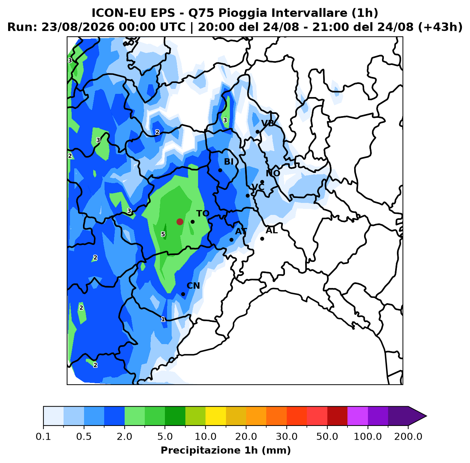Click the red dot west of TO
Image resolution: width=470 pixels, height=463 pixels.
[x=180, y=222]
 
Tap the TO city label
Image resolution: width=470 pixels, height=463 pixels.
[x=203, y=214]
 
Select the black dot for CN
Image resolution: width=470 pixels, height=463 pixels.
[x=183, y=294]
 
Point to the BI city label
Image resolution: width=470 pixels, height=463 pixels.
[x=229, y=162]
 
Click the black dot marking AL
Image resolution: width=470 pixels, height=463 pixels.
[x=262, y=239]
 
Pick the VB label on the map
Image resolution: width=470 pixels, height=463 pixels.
[x=268, y=124]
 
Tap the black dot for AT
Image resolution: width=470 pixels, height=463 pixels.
[x=231, y=240]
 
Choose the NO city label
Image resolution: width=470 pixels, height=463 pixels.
[x=273, y=173]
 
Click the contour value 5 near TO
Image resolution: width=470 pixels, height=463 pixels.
[x=163, y=234]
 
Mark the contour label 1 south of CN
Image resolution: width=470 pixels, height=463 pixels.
[x=163, y=319]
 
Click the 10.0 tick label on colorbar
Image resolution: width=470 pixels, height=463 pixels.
[x=206, y=436]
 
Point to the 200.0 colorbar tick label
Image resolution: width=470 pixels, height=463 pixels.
[x=408, y=436]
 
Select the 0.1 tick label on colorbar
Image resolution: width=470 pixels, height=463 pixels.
[x=43, y=436]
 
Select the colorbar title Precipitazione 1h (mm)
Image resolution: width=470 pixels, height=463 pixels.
[x=226, y=450]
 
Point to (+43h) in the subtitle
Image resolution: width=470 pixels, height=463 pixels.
[x=440, y=27]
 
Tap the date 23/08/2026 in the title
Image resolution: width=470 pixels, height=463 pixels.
[x=78, y=27]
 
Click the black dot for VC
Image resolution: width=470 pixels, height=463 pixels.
[x=248, y=196]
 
